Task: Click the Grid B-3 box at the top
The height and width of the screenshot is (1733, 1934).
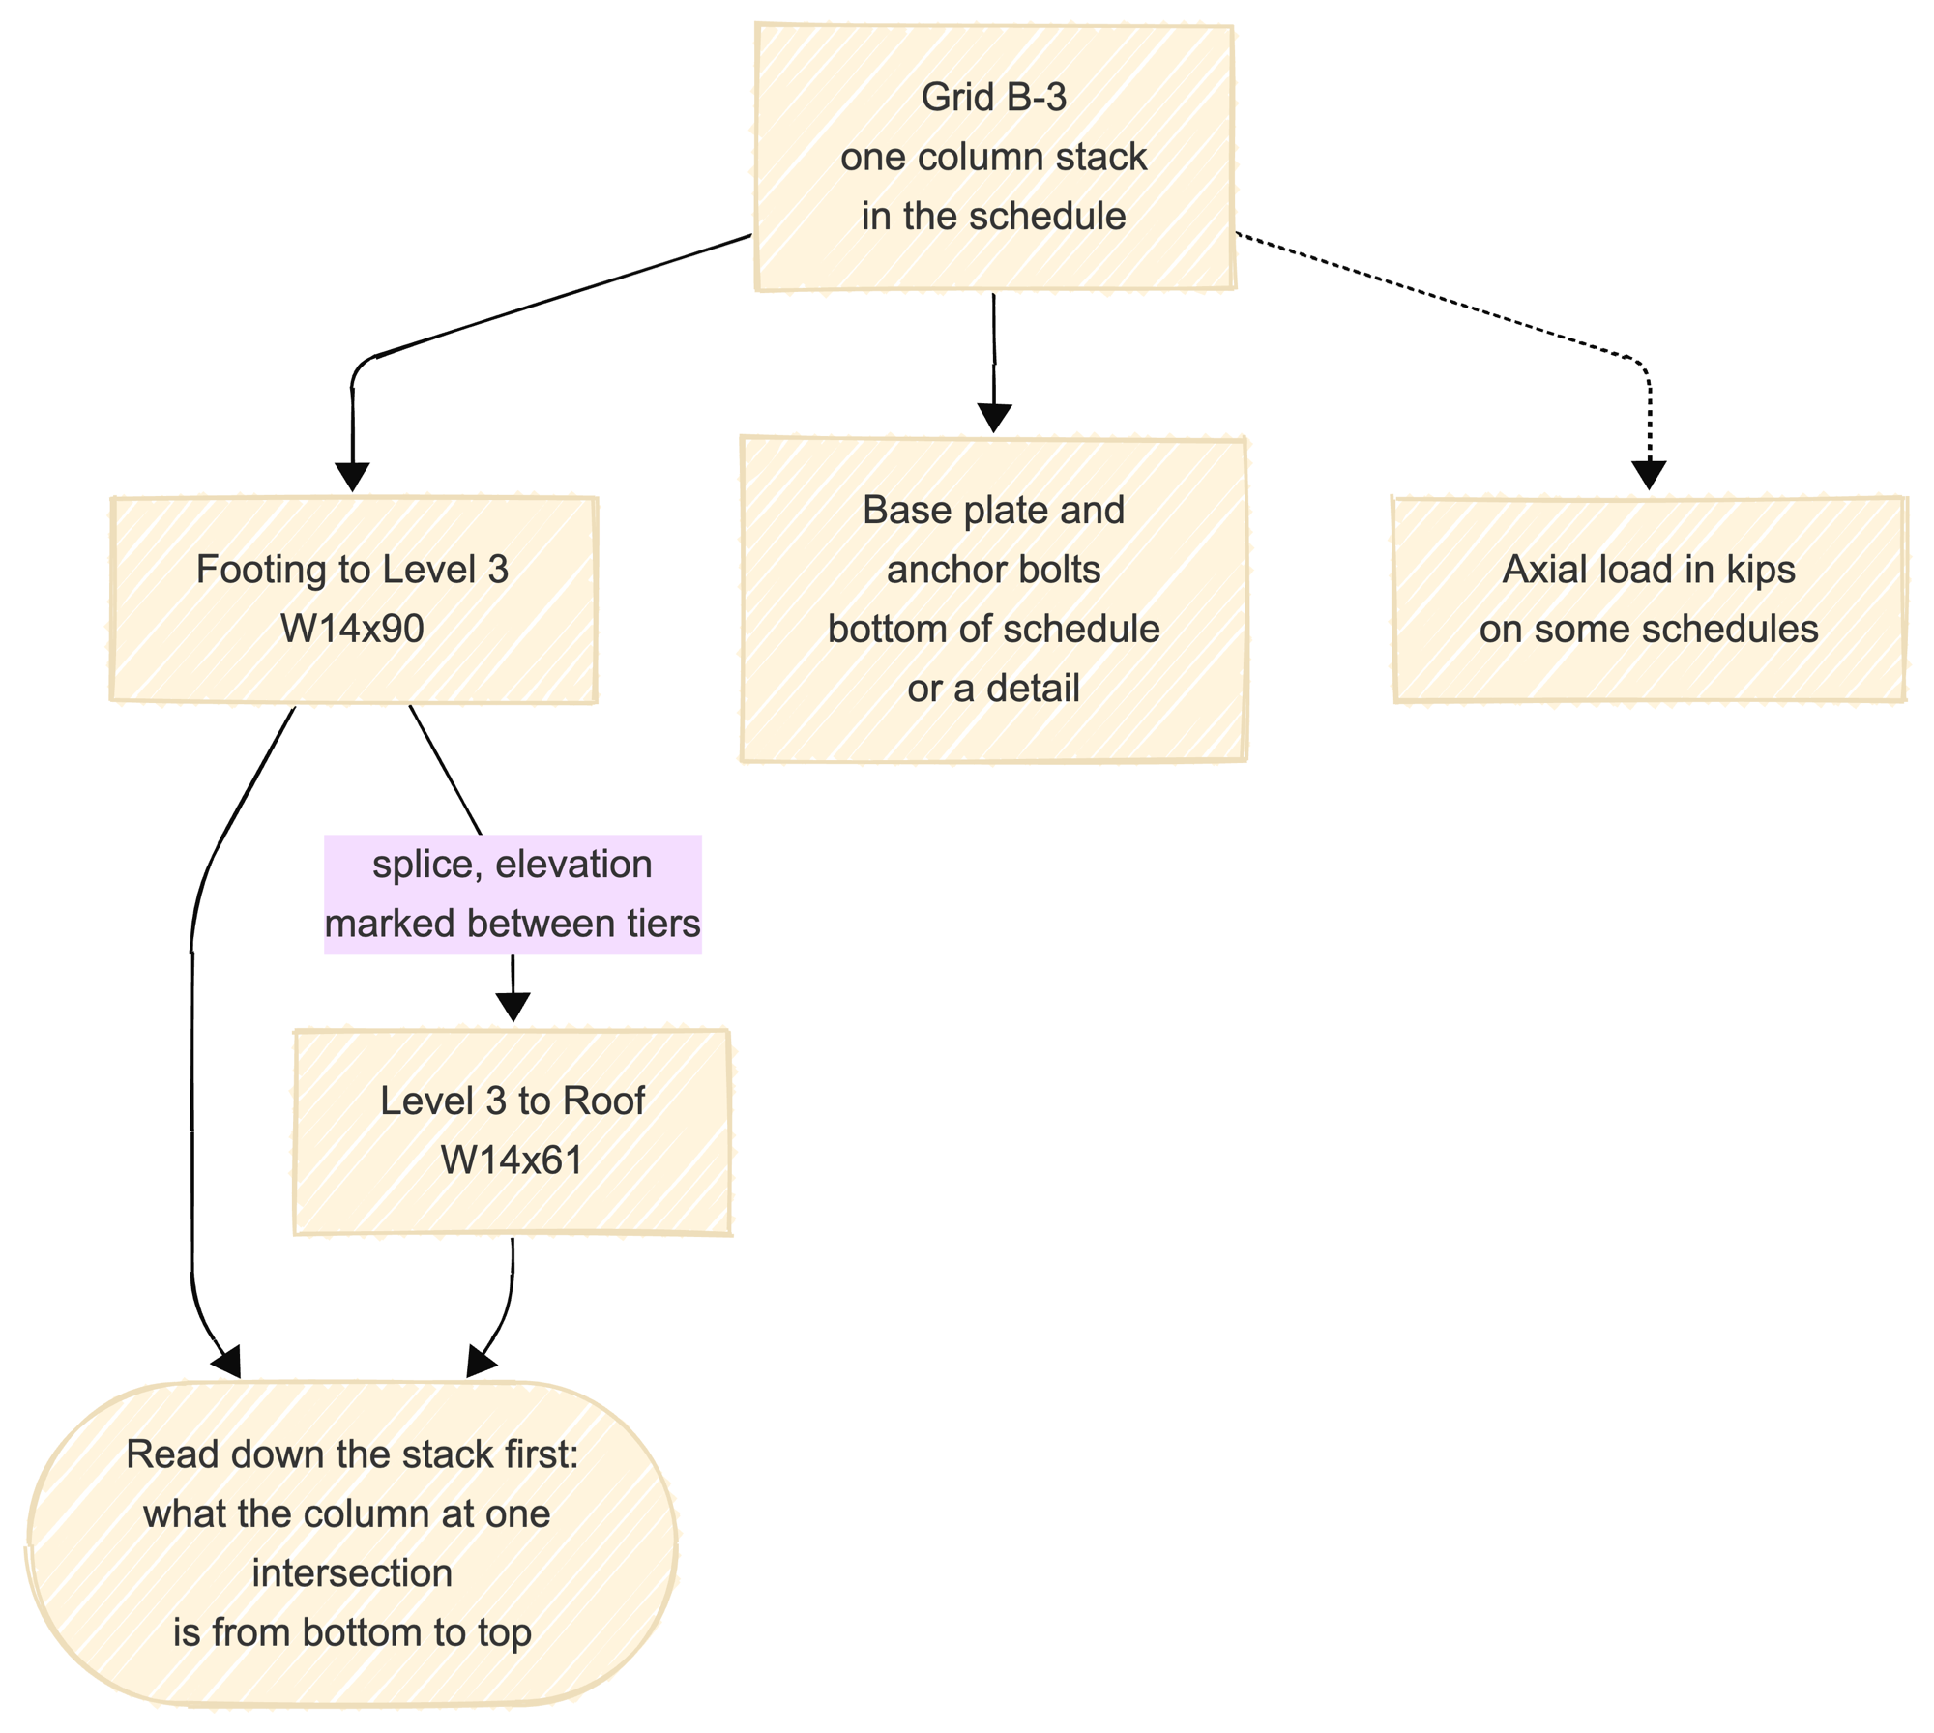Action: click(x=994, y=157)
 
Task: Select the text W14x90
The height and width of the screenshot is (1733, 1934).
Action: click(x=352, y=629)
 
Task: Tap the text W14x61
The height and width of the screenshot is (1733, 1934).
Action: click(x=513, y=1160)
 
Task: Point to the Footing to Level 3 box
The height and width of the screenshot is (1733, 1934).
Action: click(x=353, y=600)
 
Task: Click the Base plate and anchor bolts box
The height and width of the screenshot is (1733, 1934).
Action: click(x=994, y=599)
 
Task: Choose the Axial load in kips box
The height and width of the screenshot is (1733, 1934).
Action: click(x=1649, y=600)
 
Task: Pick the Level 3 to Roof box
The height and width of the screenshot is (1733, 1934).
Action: click(x=513, y=1131)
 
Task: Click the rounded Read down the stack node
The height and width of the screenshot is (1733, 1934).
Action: click(x=352, y=1542)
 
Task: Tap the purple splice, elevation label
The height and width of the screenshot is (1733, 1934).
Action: click(x=513, y=895)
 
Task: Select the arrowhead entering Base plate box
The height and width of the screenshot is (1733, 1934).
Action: click(x=994, y=419)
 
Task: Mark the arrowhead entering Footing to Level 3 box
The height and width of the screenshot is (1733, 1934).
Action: click(x=353, y=479)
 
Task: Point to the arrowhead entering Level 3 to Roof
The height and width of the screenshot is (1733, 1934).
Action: click(x=513, y=1008)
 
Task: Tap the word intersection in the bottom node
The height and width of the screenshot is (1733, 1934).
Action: click(x=352, y=1573)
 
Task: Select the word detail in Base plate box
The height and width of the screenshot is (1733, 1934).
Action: click(x=1033, y=689)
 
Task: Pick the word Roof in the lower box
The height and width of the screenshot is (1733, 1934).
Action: click(x=603, y=1101)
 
